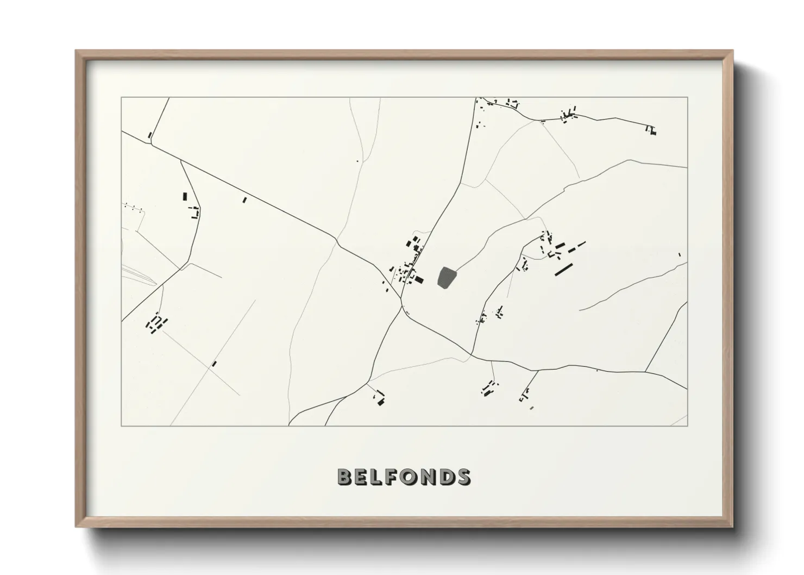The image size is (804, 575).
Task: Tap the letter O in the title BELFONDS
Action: coord(413,477)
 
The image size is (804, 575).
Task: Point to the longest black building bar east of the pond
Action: coord(564,269)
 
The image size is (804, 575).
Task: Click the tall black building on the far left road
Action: coord(184,196)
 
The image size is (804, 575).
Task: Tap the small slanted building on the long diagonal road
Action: coord(244,200)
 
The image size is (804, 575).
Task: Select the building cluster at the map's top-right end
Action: coord(651,130)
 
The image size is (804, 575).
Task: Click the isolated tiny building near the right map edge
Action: coord(679,254)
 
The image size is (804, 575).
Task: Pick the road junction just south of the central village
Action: coord(403,309)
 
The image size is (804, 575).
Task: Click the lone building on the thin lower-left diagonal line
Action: coord(214,364)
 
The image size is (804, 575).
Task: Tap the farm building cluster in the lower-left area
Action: coord(156,324)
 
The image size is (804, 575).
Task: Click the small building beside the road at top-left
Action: coord(150,135)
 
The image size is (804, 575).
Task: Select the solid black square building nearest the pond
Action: coord(419,280)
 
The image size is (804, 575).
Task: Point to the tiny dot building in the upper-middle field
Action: coord(357,161)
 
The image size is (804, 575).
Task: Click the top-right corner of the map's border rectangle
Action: coord(687,97)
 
